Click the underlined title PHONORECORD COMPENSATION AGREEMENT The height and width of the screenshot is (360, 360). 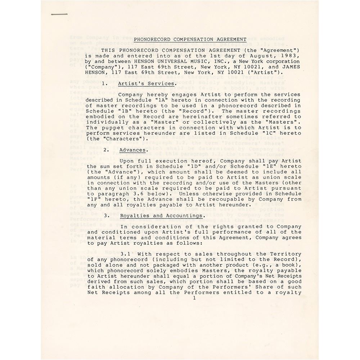pyautogui.click(x=190, y=40)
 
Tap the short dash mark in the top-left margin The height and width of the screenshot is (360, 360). pyautogui.click(x=59, y=14)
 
